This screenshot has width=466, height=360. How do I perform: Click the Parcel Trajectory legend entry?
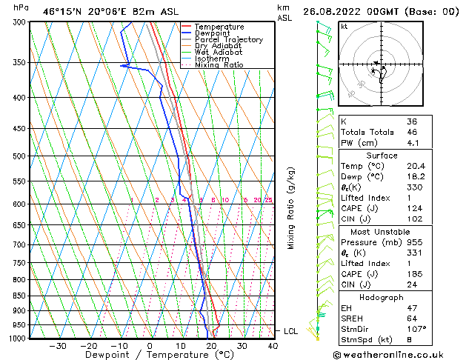(228, 40)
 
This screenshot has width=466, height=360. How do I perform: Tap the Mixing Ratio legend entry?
(219, 65)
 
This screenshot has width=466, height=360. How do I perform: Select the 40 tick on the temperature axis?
(273, 346)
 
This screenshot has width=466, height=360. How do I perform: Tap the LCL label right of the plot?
(290, 331)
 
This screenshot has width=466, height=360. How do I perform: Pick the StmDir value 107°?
(416, 329)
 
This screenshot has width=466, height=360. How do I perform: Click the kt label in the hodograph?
(344, 27)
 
